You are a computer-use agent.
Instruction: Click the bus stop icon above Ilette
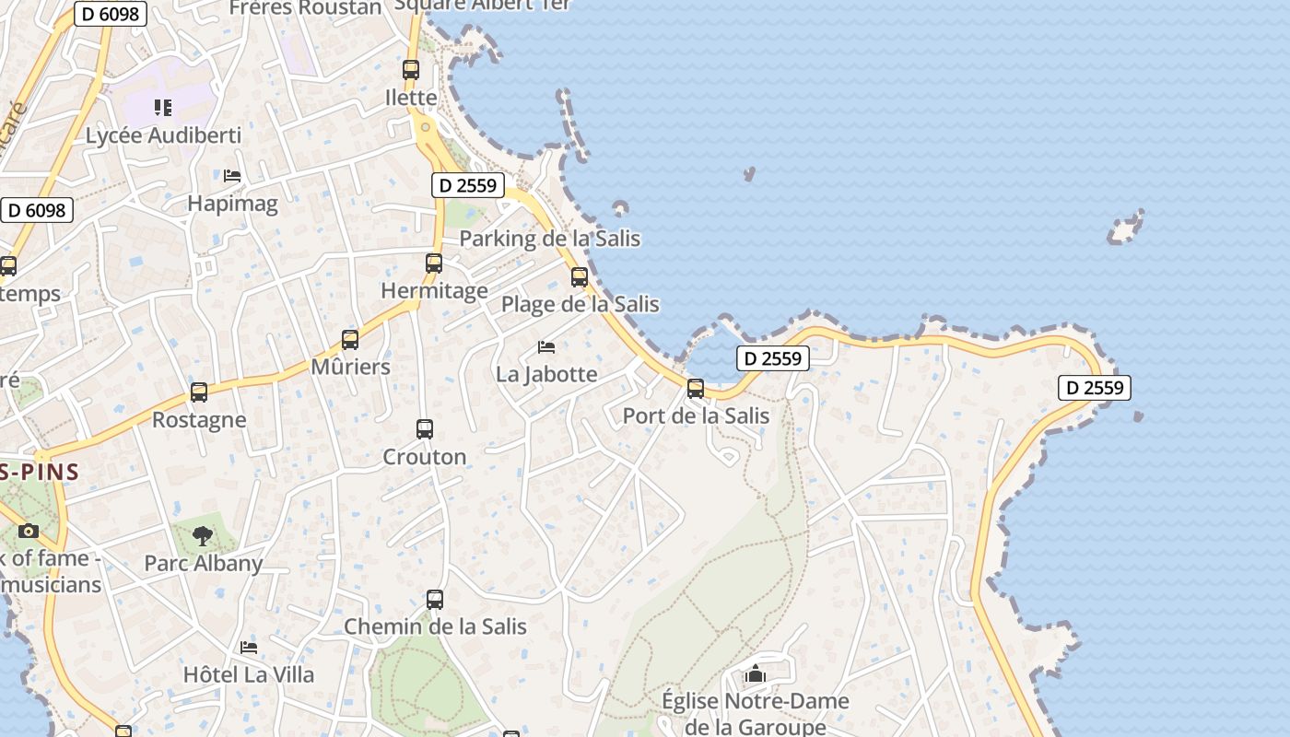(411, 69)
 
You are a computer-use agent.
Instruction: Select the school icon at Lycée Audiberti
(163, 108)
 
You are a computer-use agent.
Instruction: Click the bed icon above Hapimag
(232, 175)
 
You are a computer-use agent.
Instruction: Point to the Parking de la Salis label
(549, 239)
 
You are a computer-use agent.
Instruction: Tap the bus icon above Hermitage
(434, 263)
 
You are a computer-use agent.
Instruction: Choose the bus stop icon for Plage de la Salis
(580, 276)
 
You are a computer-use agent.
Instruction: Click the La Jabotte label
(546, 374)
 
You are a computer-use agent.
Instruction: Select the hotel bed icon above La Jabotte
(546, 347)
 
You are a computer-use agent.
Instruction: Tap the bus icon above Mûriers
(350, 339)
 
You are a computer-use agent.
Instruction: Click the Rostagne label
(199, 420)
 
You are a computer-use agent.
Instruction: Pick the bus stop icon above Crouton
(425, 428)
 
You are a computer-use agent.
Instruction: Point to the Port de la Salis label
(696, 415)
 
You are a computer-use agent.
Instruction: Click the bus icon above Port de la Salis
(696, 389)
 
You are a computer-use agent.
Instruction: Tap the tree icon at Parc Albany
(203, 536)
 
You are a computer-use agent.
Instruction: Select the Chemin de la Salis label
(435, 626)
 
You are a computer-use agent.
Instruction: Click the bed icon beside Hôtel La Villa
(249, 648)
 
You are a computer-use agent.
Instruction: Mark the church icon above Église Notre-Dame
(756, 673)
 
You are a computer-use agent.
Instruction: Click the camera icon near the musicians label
(29, 531)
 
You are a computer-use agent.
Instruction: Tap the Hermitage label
(434, 291)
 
